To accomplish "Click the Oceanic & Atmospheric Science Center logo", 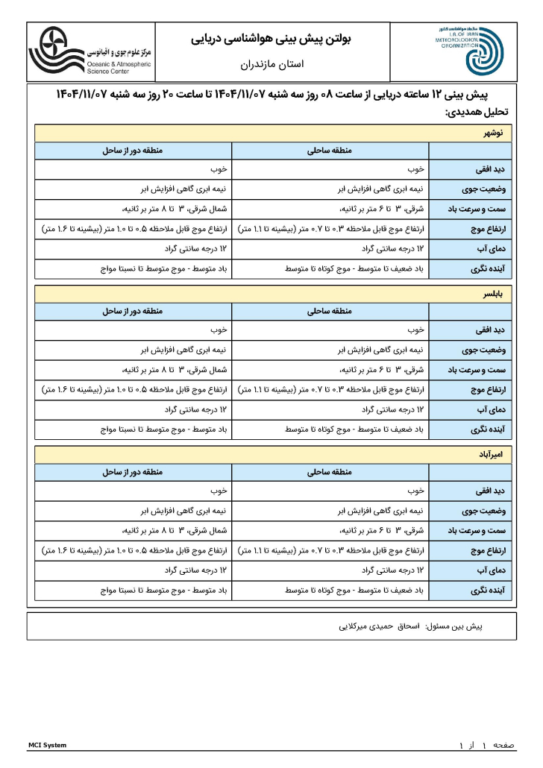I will (x=90, y=51).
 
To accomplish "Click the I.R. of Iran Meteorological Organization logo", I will (x=468, y=50).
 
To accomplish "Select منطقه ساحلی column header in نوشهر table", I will (x=330, y=151).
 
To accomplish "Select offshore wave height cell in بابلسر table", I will (x=133, y=389).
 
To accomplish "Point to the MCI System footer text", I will (x=47, y=745).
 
